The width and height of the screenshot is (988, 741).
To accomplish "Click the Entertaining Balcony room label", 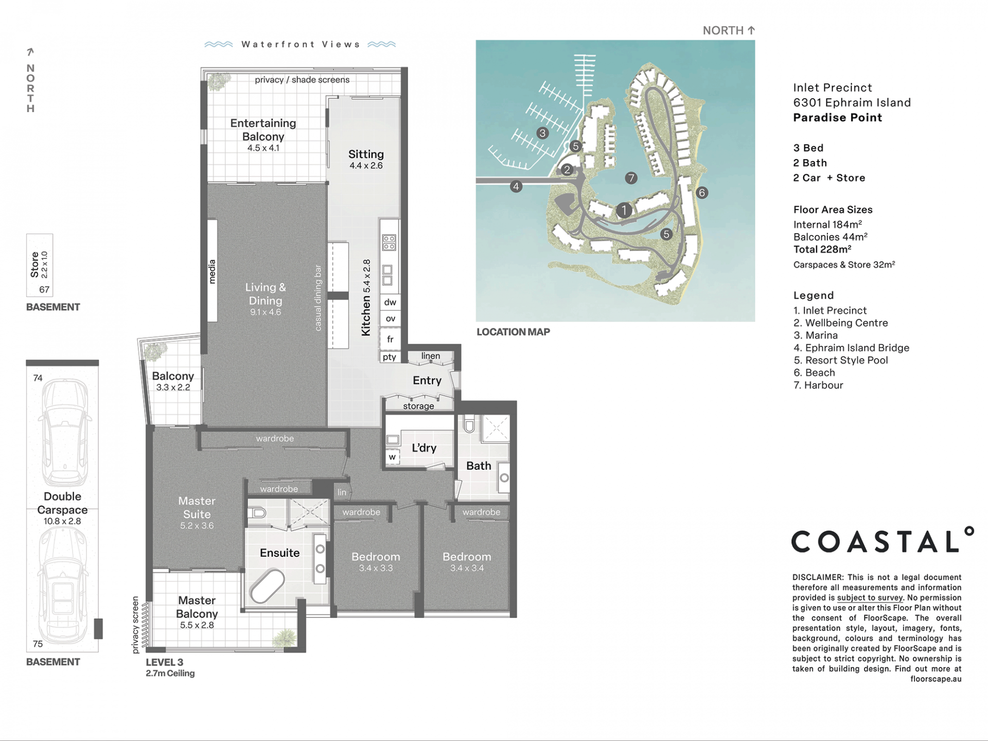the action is click(263, 130).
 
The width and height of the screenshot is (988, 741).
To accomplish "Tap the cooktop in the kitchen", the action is click(389, 242).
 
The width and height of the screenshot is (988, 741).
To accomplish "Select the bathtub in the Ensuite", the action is click(267, 586).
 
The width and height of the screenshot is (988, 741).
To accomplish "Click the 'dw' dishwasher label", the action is click(390, 302).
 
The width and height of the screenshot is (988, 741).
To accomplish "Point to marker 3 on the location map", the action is click(542, 133).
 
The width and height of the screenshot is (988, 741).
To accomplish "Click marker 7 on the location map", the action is click(631, 178).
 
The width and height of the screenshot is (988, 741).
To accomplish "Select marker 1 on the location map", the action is click(624, 210).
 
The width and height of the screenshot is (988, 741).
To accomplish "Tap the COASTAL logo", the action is click(882, 540).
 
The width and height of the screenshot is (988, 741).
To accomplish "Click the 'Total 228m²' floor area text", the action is click(822, 250).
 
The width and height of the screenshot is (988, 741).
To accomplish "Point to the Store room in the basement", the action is click(40, 266).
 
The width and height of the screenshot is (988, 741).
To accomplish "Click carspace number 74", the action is click(38, 378).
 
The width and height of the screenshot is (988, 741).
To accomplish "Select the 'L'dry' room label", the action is click(424, 448).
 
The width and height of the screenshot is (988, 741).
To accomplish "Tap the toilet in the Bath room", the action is click(469, 424).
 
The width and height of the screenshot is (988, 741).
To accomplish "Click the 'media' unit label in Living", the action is click(212, 272).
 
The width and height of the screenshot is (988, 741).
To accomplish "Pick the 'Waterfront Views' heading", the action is click(301, 44).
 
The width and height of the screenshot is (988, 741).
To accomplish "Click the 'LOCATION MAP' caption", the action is click(513, 332).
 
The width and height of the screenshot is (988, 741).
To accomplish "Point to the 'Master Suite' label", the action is click(197, 507).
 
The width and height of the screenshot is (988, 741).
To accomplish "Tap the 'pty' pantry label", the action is click(390, 357).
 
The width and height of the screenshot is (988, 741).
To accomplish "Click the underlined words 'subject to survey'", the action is click(870, 597).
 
